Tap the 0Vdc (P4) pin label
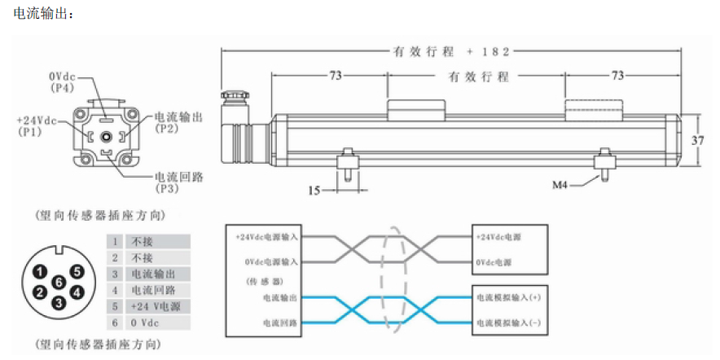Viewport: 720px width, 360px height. tap(62, 80)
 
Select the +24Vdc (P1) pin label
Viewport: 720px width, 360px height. tap(37, 125)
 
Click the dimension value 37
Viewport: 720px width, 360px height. tap(697, 140)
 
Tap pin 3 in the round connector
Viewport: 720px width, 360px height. tap(59, 303)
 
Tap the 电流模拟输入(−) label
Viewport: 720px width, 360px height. tap(508, 323)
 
